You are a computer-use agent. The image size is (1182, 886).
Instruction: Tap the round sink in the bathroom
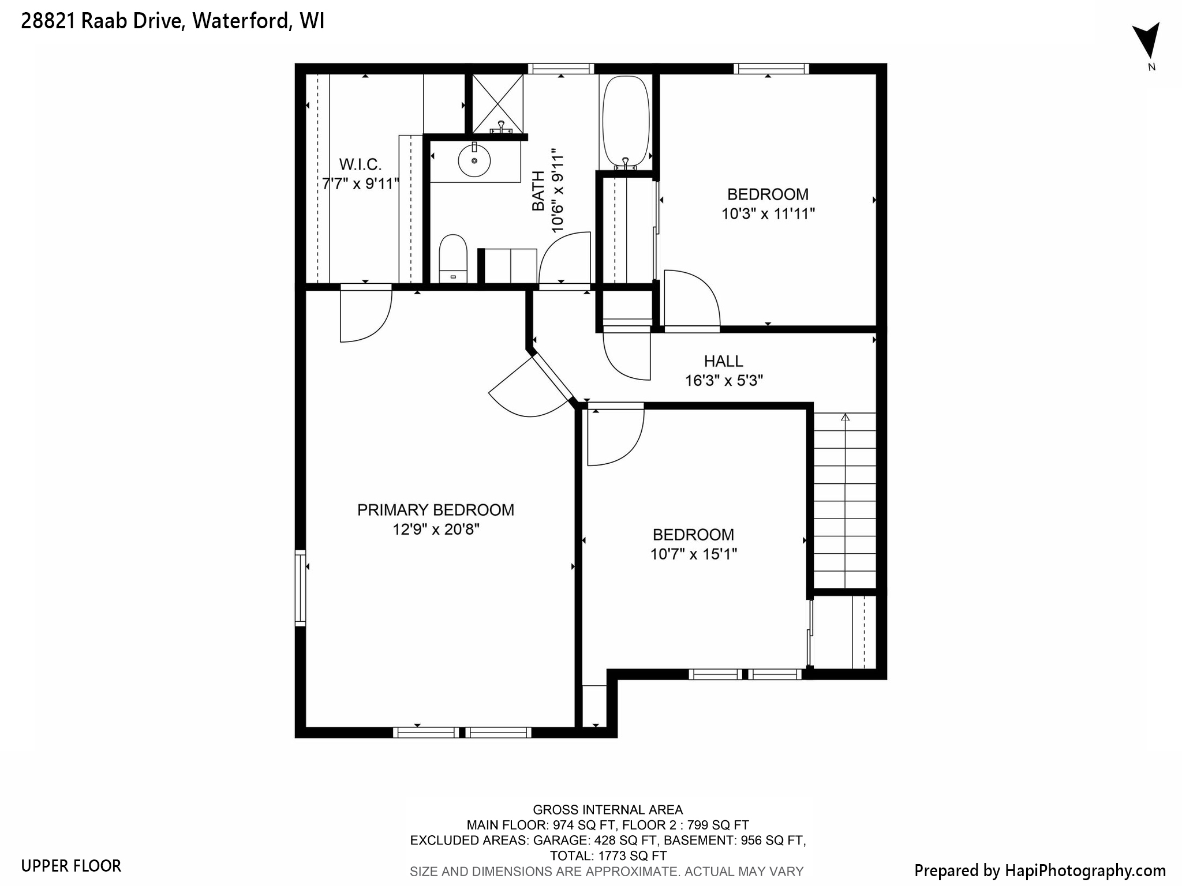pos(474,161)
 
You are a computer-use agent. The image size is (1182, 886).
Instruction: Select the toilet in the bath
pos(452,258)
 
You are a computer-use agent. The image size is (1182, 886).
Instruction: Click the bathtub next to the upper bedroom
pos(626,122)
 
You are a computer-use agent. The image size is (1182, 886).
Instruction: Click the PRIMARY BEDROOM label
pos(435,510)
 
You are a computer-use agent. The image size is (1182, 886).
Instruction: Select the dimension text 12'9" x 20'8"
pos(436,530)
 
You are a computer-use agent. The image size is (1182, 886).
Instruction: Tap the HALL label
pos(723,361)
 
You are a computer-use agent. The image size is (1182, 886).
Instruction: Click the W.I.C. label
pos(360,165)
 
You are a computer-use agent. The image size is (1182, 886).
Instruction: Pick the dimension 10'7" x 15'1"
pos(693,554)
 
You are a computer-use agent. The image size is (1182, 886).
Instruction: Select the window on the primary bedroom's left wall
pos(300,588)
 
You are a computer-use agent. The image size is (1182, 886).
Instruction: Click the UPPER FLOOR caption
pos(71,866)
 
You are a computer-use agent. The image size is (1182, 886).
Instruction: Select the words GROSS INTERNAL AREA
pos(607,810)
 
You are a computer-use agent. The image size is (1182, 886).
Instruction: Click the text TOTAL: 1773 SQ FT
pos(608,856)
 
